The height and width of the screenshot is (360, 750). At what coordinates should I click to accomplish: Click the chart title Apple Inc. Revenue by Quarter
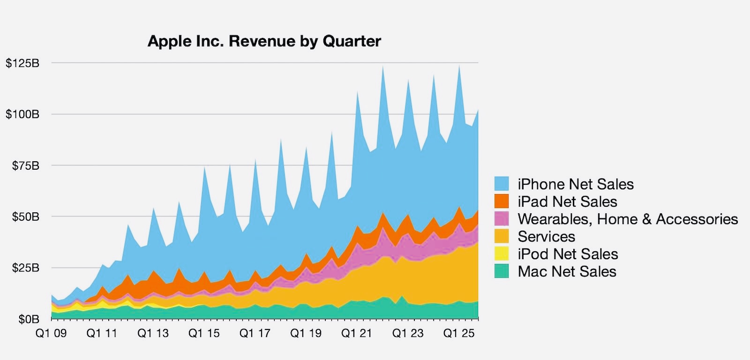pos(264,41)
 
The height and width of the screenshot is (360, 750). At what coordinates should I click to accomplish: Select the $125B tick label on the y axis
pos(22,63)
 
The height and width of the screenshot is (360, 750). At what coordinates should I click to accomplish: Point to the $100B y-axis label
pos(22,114)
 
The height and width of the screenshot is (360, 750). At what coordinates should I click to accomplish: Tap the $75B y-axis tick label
pos(26,165)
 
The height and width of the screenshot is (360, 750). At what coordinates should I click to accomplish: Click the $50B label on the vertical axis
pos(26,217)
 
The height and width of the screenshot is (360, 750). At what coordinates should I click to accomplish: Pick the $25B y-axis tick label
pos(26,268)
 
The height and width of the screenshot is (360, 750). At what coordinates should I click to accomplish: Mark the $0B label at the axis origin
pos(29,319)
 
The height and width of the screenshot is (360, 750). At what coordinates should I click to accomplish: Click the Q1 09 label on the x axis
pos(51,333)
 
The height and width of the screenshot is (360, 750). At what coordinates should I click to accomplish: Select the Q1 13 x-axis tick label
pos(153,333)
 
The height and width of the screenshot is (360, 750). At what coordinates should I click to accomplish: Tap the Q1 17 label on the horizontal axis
pos(255,333)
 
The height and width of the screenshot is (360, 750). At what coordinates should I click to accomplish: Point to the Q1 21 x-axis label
pos(356,333)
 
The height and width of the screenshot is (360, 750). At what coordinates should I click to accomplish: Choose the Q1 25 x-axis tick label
pos(459,333)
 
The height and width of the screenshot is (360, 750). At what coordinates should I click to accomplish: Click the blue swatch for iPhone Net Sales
pos(502,184)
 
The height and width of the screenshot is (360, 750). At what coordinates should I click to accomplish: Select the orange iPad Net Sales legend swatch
pos(502,201)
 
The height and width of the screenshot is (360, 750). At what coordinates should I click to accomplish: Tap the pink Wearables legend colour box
pos(502,218)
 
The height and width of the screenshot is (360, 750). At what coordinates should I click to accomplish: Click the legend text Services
pos(546,236)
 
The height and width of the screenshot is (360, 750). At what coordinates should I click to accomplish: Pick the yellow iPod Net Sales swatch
pos(502,254)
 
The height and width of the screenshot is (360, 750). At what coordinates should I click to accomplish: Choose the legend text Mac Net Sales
pos(567,271)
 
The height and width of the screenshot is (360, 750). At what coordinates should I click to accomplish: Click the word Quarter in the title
pos(352,41)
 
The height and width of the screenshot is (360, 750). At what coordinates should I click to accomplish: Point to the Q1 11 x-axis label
pos(102,333)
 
